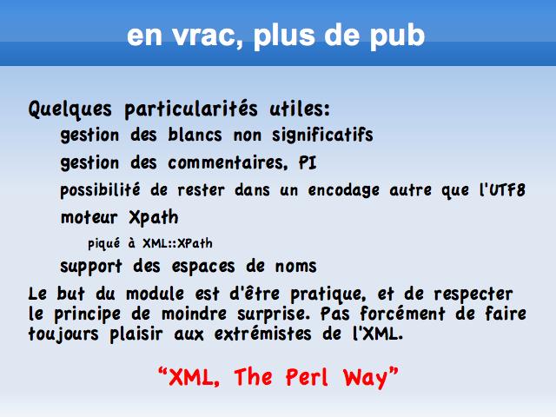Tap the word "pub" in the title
[397, 36]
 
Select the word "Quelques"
[70, 109]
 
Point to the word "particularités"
[191, 109]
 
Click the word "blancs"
[195, 135]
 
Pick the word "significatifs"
[322, 136]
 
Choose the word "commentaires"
[228, 163]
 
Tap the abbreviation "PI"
[307, 162]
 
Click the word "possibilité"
[101, 190]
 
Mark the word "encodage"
[344, 191]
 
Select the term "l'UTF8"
[502, 189]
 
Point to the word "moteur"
[89, 217]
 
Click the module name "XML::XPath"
[177, 243]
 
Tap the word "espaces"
[203, 267]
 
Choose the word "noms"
[295, 267]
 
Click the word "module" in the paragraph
[155, 294]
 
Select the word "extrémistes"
[262, 334]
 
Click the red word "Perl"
[307, 377]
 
